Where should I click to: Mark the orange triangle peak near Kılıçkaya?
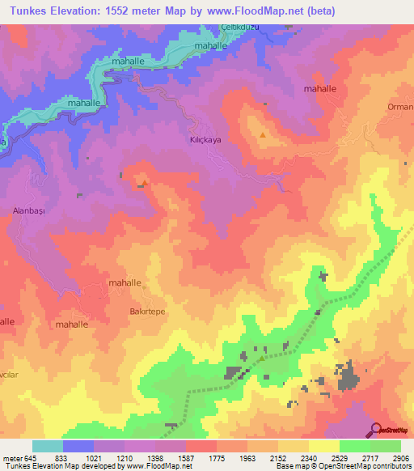[x=262, y=135]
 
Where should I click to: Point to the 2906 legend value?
[x=399, y=457]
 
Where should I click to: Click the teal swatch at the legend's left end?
[x=48, y=446]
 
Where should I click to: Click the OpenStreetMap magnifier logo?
[x=377, y=430]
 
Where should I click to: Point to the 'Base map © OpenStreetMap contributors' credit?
[x=342, y=466]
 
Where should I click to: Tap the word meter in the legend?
[x=11, y=457]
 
